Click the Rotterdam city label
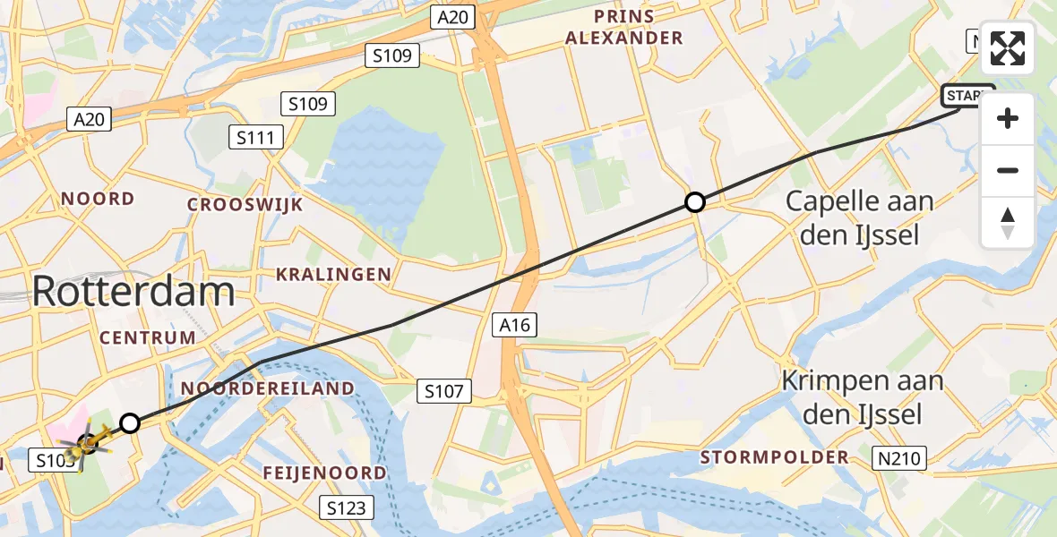(134, 292)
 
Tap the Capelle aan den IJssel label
(859, 219)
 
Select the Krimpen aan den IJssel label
(862, 396)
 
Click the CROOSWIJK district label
(245, 204)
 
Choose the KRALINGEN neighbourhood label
(333, 274)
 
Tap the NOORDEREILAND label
(268, 388)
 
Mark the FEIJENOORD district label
(325, 473)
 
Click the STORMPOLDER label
(775, 457)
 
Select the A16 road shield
(516, 326)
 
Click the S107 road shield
(443, 390)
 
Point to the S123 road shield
(347, 508)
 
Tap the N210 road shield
(898, 459)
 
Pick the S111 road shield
(257, 137)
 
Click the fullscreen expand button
(1008, 48)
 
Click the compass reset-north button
(1008, 223)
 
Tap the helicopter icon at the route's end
(86, 442)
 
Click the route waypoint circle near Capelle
(695, 202)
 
